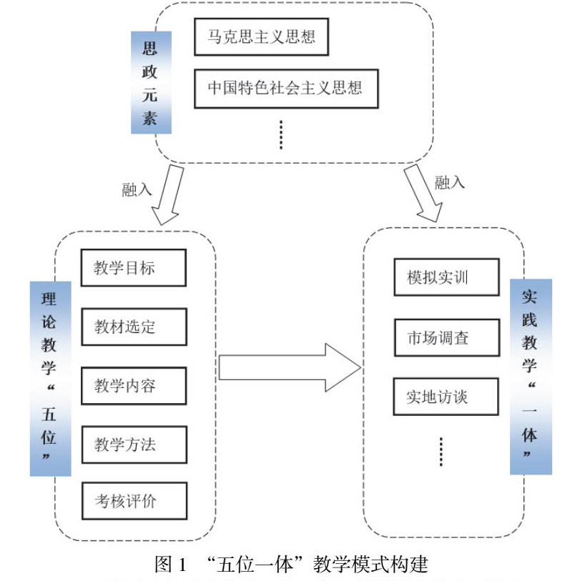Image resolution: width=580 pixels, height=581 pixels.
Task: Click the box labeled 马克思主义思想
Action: point(261,38)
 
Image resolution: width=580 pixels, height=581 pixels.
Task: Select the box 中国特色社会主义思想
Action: point(285,89)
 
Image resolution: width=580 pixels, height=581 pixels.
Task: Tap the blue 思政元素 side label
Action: point(151,81)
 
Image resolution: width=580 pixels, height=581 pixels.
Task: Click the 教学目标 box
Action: point(133,267)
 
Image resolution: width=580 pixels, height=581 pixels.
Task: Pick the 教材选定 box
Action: point(133,327)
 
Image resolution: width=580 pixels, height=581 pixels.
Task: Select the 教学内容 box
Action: point(133,386)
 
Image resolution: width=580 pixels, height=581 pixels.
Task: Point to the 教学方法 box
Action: point(133,445)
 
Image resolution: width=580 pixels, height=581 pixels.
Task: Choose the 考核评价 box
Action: point(133,501)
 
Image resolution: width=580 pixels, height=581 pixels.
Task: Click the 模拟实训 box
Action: point(446,277)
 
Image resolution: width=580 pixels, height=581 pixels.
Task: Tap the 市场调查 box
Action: point(446,337)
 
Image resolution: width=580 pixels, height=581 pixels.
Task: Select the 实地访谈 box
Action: point(446,396)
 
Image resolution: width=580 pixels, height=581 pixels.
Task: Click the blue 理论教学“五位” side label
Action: point(50,377)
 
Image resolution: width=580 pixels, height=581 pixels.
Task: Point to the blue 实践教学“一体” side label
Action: point(530,376)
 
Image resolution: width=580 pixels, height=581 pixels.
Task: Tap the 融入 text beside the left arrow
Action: point(137,189)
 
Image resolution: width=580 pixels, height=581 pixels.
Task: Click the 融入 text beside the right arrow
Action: point(450,182)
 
